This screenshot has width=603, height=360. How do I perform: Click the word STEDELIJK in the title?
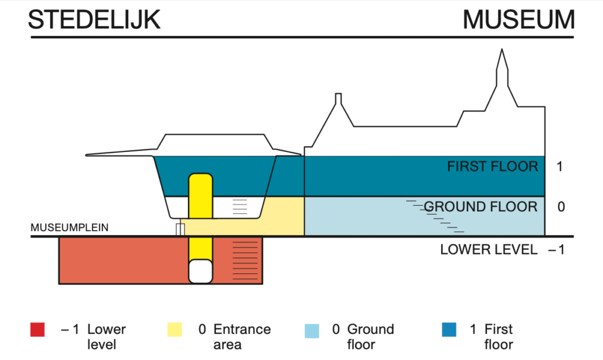tap(94, 20)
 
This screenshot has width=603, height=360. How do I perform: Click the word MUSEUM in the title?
tap(518, 20)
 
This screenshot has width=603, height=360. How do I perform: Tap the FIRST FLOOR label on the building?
tap(492, 167)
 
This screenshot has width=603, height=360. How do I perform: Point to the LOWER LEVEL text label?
tap(489, 250)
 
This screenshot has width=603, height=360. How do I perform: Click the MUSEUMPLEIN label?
tap(69, 227)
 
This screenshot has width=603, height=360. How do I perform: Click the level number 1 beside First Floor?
tap(559, 167)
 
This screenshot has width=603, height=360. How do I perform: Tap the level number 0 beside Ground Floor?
tap(561, 207)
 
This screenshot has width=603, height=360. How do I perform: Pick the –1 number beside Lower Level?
tap(556, 250)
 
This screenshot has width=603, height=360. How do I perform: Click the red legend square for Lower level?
tap(38, 330)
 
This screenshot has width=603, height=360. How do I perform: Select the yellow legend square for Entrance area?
tap(175, 330)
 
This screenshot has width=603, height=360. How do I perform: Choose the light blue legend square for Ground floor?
tap(312, 330)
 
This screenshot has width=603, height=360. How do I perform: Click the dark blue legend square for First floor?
tap(449, 330)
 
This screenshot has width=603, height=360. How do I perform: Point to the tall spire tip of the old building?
tap(502, 52)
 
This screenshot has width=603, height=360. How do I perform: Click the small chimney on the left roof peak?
tap(338, 98)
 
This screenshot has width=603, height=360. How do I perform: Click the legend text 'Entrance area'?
tap(242, 336)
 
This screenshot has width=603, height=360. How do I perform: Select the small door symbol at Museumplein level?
tap(180, 229)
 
